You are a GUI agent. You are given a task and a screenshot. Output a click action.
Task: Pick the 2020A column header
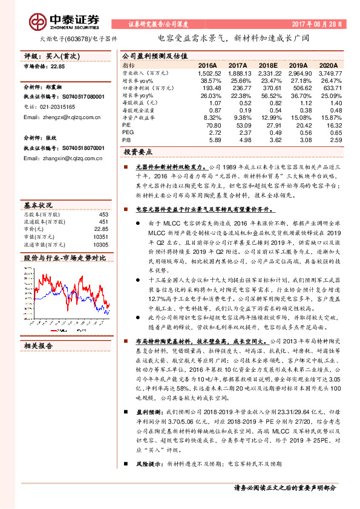(329, 65)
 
